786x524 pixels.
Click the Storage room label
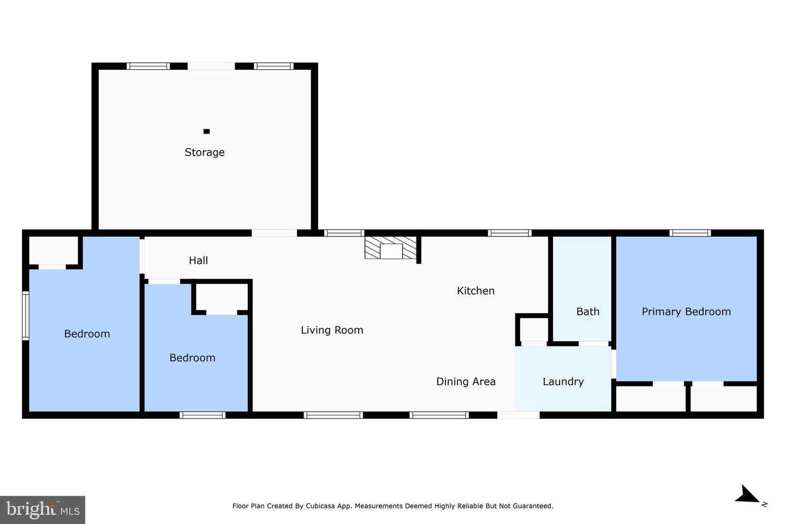[x=204, y=152]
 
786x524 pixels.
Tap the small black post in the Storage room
[x=206, y=131]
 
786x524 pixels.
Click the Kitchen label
[x=475, y=291]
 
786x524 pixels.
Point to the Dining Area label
[x=466, y=382]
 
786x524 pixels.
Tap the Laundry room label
[x=563, y=382]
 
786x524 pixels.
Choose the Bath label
[x=587, y=312]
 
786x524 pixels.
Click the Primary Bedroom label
[x=686, y=312]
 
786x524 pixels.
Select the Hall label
[x=198, y=260]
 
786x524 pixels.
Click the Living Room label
[x=332, y=330]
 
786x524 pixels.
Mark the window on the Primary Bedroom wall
[x=690, y=233]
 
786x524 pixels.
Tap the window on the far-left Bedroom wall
[x=25, y=316]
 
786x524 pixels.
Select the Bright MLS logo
[x=43, y=510]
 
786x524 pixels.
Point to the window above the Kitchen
[x=509, y=233]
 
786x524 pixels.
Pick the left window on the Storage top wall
[x=148, y=66]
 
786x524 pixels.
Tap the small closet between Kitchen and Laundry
[x=533, y=329]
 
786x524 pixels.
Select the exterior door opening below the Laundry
[x=518, y=415]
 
